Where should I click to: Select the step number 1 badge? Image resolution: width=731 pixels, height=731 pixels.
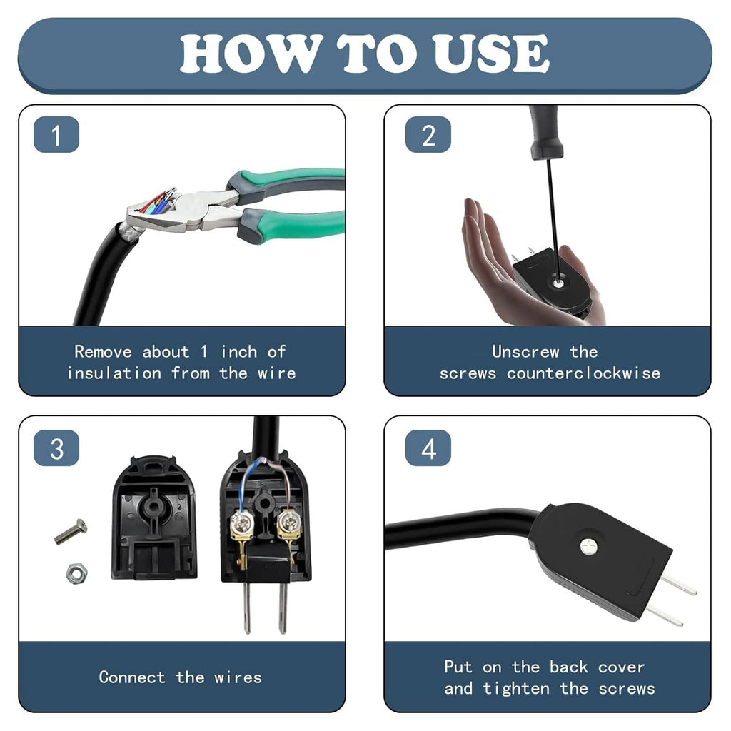click(56, 135)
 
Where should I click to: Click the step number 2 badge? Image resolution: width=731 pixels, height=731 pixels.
click(428, 135)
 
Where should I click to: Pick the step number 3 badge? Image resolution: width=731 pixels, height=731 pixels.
click(56, 448)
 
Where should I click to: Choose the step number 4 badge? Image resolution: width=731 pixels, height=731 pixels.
click(428, 448)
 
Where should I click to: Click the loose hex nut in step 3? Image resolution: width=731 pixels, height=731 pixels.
click(76, 573)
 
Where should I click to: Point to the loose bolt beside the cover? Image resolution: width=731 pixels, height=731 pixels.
click(71, 532)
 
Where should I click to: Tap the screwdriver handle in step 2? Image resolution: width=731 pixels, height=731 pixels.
click(545, 131)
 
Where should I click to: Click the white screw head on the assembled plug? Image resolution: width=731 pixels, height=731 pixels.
click(588, 546)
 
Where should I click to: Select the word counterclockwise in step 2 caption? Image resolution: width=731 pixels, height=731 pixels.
click(583, 373)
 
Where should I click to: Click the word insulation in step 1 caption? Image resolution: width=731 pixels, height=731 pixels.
click(114, 373)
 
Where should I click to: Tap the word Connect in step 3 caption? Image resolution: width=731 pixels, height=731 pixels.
click(132, 677)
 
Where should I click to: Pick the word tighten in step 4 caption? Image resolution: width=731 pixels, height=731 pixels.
click(515, 688)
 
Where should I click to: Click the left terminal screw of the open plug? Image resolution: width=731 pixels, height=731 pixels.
click(241, 523)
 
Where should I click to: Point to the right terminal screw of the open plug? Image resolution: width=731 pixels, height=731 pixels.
click(286, 523)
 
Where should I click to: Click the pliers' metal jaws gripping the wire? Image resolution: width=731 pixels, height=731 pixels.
click(173, 211)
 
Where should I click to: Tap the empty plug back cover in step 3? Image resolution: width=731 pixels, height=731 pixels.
click(154, 518)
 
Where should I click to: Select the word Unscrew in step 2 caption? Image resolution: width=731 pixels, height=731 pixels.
click(525, 351)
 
